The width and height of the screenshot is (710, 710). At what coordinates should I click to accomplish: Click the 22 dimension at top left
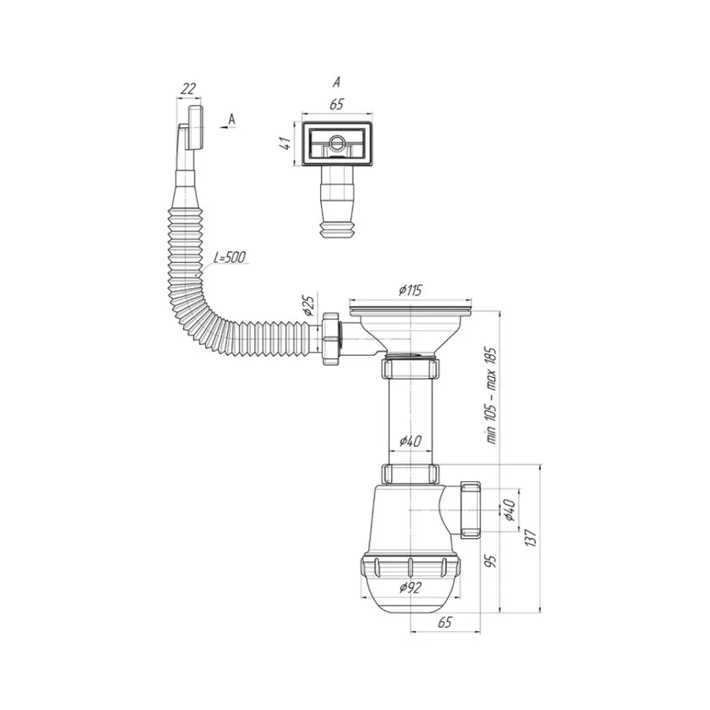click(x=188, y=88)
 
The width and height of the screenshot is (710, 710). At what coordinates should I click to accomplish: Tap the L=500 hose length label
click(x=230, y=258)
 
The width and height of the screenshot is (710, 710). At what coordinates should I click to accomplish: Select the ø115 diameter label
click(x=410, y=290)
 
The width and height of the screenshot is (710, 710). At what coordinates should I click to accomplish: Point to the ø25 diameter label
click(x=307, y=305)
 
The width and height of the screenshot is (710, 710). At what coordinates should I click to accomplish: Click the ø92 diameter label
click(x=410, y=587)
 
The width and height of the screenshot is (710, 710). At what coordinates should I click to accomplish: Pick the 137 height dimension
click(x=530, y=537)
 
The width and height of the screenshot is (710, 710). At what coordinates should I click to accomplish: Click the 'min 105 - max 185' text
click(x=491, y=396)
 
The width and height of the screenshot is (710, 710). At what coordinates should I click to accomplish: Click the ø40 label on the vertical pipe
click(x=410, y=440)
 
